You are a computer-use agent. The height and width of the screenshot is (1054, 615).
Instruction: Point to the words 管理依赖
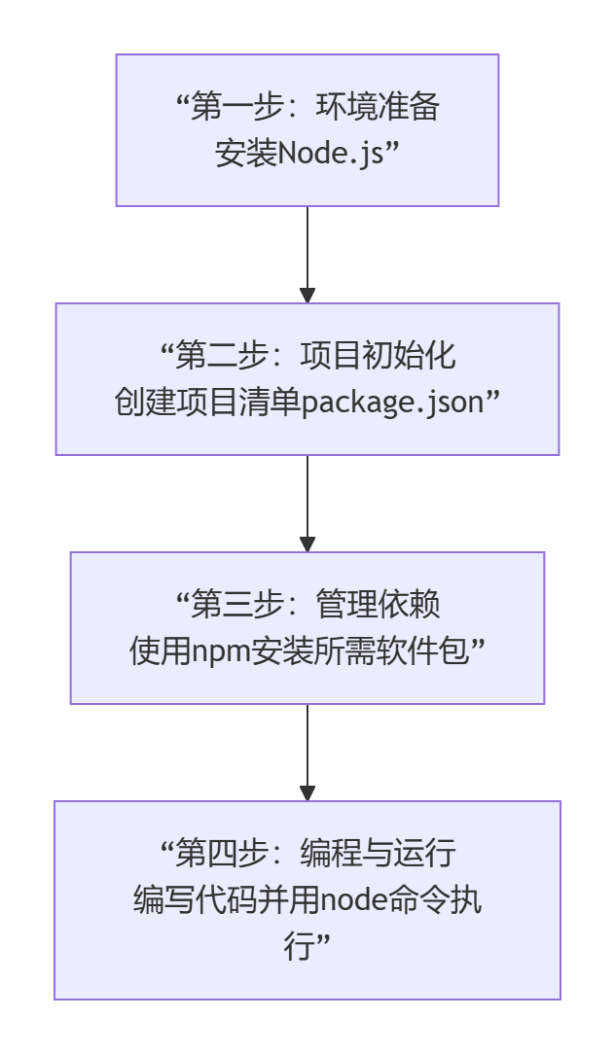378,605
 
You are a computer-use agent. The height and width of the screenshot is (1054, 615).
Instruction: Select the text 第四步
217,854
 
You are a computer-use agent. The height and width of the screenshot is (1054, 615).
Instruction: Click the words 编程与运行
393,854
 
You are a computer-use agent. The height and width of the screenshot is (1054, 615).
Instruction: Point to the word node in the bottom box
355,900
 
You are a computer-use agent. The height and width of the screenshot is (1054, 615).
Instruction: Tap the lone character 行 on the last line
300,947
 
